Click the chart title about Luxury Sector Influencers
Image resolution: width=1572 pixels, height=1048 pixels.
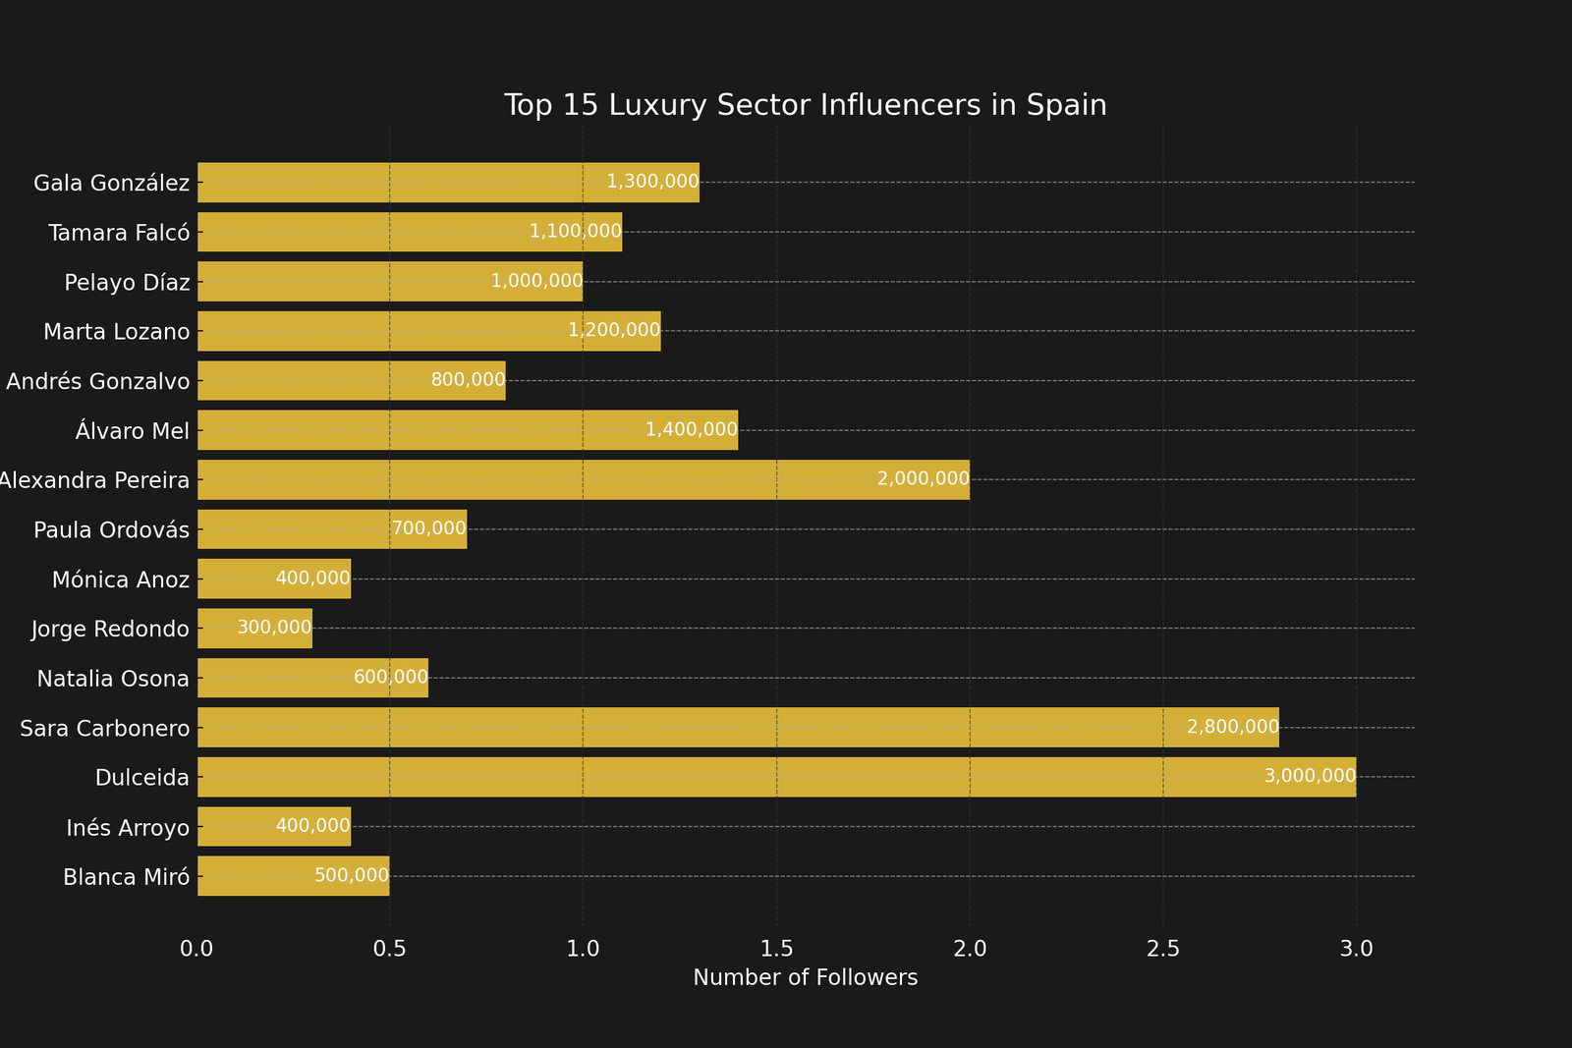click(x=805, y=105)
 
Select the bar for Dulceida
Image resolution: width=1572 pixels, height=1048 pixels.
click(x=776, y=777)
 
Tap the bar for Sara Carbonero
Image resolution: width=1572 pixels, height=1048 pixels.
click(x=737, y=728)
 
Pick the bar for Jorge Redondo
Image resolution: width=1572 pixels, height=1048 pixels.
click(x=254, y=629)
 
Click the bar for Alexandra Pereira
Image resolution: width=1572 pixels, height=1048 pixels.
click(x=583, y=479)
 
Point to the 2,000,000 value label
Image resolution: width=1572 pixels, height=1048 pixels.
click(x=923, y=479)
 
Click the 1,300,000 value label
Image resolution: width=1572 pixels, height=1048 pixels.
click(x=652, y=182)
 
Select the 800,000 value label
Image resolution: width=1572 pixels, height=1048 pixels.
click(x=468, y=380)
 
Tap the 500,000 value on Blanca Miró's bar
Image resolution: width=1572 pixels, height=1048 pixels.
click(x=352, y=876)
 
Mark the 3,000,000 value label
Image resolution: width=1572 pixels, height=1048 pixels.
click(x=1310, y=777)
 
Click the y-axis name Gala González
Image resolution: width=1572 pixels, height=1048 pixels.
click(x=111, y=183)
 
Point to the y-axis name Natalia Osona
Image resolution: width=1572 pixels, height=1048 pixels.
click(x=113, y=679)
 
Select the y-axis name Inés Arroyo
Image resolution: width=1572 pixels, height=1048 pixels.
click(x=128, y=828)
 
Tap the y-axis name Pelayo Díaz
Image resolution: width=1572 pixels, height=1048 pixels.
click(x=127, y=283)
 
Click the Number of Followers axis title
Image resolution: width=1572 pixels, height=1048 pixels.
click(x=805, y=978)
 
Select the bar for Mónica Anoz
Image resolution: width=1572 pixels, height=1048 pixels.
click(x=274, y=579)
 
